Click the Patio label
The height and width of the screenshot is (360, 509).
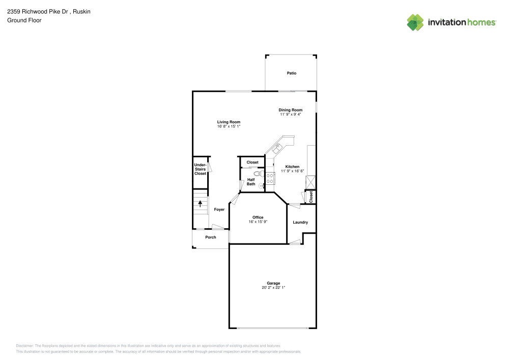(291, 73)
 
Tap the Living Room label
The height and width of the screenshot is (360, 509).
(229, 122)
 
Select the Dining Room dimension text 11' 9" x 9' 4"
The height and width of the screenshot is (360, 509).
(290, 115)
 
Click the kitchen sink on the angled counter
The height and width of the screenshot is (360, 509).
(277, 148)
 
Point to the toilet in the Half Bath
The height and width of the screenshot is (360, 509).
(257, 174)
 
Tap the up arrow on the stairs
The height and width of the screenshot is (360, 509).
(200, 203)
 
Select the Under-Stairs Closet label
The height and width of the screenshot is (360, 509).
(200, 169)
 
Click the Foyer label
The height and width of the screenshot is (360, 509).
(219, 209)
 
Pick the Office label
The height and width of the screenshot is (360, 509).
(258, 217)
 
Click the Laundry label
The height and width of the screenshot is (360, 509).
(300, 222)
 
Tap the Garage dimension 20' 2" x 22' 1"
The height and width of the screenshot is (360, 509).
(273, 288)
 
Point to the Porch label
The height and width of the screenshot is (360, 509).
(210, 237)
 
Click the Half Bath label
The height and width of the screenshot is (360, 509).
(251, 182)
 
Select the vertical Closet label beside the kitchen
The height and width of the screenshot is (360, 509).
(311, 197)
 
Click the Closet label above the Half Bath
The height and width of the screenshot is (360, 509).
(252, 162)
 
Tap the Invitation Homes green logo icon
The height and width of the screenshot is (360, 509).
(415, 22)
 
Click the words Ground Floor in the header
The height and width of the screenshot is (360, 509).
(24, 20)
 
